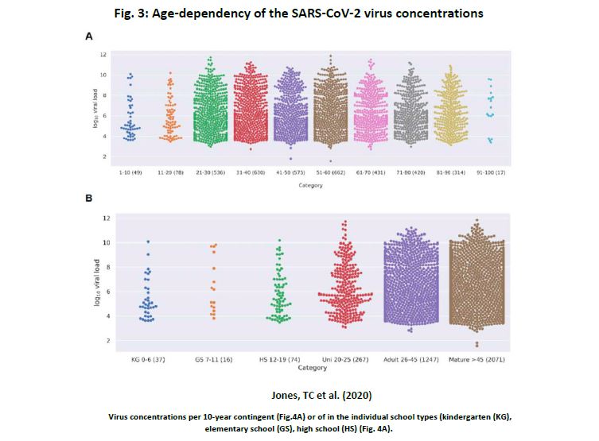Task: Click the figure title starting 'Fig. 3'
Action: point(299,14)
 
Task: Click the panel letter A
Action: point(89,36)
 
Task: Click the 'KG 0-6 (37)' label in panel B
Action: point(147,359)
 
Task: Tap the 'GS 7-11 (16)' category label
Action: point(212,359)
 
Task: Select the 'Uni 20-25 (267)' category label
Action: point(344,359)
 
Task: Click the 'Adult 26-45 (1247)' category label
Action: point(410,359)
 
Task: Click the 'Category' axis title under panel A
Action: point(309,184)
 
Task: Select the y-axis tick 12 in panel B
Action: point(106,218)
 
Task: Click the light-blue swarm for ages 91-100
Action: point(491,107)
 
